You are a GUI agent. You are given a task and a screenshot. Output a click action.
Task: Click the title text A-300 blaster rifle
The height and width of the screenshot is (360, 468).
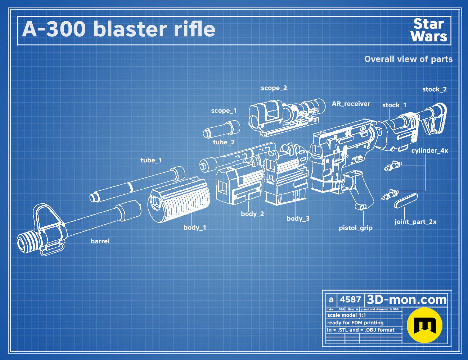coord(118,29)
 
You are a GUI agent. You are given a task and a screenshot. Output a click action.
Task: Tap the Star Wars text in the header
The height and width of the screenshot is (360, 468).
coord(429,30)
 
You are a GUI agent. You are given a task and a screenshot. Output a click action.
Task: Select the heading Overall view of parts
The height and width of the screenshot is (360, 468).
coord(408,59)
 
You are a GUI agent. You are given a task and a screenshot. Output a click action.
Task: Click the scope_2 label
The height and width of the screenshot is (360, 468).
coord(274,88)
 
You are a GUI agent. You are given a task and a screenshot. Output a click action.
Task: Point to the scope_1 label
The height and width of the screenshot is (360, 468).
coord(224,111)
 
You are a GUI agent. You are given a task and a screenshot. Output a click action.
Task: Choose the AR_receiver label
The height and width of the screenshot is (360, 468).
coord(351,104)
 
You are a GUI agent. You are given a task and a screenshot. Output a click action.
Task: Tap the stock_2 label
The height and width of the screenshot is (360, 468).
coord(435,89)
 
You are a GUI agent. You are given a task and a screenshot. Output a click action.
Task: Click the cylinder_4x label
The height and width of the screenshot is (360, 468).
coord(430,150)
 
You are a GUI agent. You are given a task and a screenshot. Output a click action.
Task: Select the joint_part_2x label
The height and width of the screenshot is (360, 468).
coord(415,222)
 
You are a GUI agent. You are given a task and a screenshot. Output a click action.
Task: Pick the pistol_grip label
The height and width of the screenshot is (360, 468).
coord(356,228)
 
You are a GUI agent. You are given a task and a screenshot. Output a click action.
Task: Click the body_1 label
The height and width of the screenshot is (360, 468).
coord(195,228)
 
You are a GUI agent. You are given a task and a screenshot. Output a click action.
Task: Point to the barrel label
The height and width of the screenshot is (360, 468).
coord(100,241)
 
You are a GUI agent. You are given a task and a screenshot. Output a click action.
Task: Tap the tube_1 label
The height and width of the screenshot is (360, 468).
coord(151,160)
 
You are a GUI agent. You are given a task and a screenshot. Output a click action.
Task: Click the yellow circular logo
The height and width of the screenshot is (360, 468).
coord(424,325)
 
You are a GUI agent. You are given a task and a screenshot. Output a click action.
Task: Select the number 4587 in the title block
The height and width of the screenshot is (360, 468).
coord(350,300)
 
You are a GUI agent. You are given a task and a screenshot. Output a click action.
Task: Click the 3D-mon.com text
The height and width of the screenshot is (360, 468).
coord(406,300)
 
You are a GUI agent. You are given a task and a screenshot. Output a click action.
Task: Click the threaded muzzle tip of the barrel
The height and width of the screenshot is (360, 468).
coord(27,242)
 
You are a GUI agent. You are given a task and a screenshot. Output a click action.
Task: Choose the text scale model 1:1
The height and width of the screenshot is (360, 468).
coord(347,315)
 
